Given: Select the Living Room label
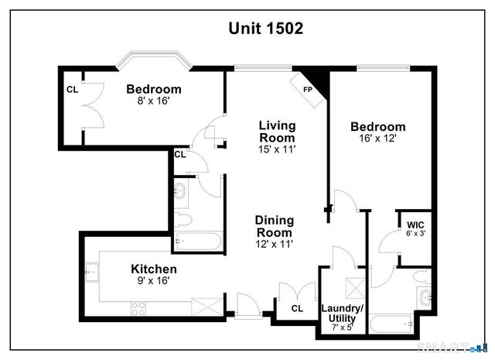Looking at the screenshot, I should [x=277, y=131].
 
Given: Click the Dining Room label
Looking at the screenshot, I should [x=274, y=226].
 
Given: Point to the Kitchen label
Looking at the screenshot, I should [x=152, y=269].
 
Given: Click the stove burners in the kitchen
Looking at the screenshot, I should [x=139, y=309].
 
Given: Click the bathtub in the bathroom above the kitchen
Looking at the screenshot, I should [x=197, y=241].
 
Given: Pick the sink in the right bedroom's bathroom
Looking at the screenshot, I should [x=424, y=297].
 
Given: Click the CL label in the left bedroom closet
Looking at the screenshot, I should [x=72, y=89].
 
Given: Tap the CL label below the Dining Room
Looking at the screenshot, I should [x=297, y=308].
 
